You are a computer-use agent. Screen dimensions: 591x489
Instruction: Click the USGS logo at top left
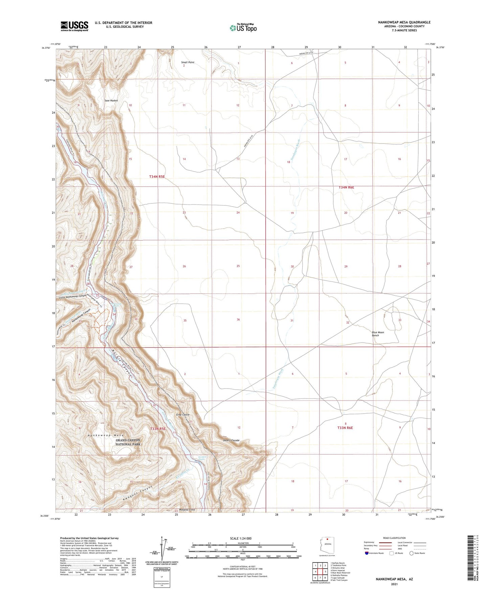click(74, 26)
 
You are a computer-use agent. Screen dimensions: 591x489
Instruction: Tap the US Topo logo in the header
click(243, 27)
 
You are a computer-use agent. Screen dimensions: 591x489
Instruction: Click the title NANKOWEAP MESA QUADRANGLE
click(404, 22)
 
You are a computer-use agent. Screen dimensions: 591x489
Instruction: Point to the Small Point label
click(187, 62)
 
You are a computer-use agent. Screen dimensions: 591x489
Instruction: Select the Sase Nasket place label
click(111, 101)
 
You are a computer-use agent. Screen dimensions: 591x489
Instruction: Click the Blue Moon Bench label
click(378, 334)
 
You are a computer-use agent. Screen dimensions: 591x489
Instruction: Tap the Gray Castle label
click(183, 415)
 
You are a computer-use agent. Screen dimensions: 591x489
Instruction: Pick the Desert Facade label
click(231, 440)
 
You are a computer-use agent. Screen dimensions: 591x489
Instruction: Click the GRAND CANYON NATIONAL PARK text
click(128, 442)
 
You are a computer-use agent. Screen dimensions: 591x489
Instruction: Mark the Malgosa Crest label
click(187, 509)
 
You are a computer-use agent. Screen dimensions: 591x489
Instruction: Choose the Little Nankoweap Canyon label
click(73, 297)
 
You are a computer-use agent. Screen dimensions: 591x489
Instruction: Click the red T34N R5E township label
click(157, 177)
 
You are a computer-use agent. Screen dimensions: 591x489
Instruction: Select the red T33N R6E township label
click(345, 428)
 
